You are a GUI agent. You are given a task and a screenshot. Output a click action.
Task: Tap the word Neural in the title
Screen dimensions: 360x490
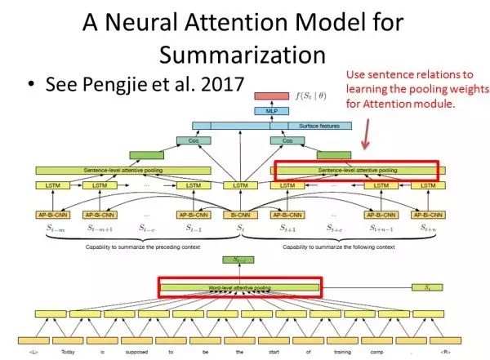(163, 22)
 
